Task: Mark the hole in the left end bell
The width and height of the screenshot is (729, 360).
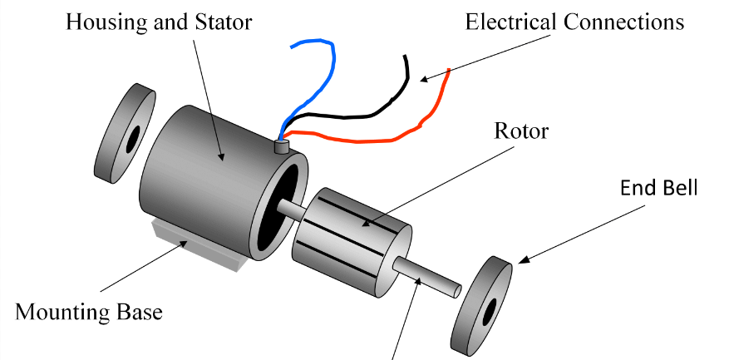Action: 131,139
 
